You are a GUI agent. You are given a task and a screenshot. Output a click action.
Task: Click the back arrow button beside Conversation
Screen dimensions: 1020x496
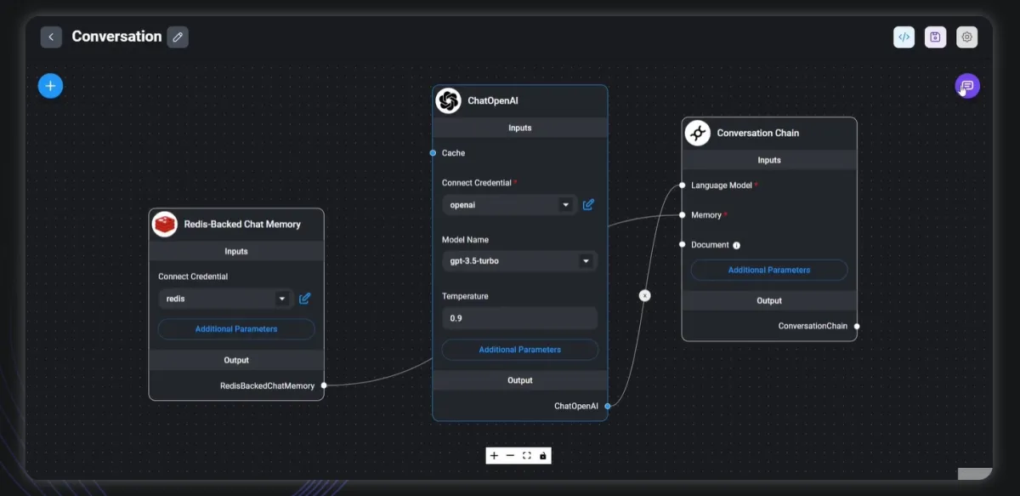pos(51,37)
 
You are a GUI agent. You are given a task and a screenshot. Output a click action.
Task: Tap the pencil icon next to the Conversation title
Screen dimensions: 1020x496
pos(178,37)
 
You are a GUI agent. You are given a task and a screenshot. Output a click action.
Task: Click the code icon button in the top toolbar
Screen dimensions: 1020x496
pos(904,37)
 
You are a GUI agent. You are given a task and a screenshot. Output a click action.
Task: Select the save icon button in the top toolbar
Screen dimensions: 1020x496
pos(935,37)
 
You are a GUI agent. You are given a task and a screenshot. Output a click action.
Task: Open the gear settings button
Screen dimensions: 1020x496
pos(966,37)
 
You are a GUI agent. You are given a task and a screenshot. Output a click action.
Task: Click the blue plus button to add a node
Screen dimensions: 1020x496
pos(50,86)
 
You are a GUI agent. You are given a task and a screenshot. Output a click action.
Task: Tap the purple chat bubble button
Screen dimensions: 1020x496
pos(967,86)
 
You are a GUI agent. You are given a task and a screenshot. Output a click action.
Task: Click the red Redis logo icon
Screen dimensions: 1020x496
pos(164,224)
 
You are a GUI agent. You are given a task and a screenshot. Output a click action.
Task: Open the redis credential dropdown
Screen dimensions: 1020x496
pos(225,299)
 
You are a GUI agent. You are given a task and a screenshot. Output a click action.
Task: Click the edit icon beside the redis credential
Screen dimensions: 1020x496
pos(304,299)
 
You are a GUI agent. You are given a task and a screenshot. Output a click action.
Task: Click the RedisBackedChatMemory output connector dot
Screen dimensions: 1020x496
pos(324,385)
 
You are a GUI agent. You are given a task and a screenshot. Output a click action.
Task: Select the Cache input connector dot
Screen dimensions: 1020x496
pos(433,153)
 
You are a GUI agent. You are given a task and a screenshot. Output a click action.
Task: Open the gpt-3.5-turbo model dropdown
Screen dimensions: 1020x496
pos(519,261)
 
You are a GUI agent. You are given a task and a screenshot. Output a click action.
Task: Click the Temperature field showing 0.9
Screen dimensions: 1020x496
pos(519,318)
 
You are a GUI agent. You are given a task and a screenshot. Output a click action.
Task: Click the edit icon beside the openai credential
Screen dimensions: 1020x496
pos(588,205)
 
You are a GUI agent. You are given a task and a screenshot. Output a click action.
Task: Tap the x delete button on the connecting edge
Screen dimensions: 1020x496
pos(645,295)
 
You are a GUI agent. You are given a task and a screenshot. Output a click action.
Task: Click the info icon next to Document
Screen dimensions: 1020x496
pos(736,245)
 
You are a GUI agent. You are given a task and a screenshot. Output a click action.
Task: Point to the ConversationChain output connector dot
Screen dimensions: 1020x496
pos(857,326)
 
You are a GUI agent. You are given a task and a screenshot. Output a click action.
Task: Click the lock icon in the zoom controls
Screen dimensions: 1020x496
pos(543,455)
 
